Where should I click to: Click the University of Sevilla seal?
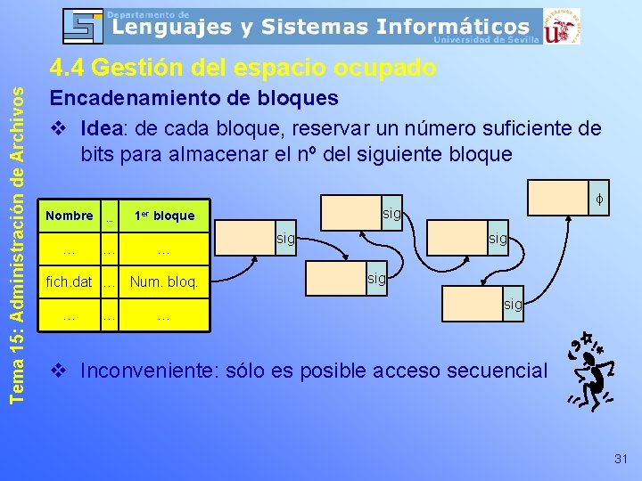click(x=563, y=26)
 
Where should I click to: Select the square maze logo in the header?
click(x=85, y=26)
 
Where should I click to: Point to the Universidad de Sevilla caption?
click(x=486, y=40)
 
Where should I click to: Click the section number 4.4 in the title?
click(x=67, y=68)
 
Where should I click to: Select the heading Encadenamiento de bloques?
click(x=193, y=97)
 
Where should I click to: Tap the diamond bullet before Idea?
click(x=59, y=129)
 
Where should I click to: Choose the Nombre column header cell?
click(x=69, y=216)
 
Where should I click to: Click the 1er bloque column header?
click(x=164, y=216)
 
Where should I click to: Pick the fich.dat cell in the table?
click(x=69, y=283)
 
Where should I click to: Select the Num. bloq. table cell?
click(x=164, y=283)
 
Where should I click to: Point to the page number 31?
click(x=621, y=459)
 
